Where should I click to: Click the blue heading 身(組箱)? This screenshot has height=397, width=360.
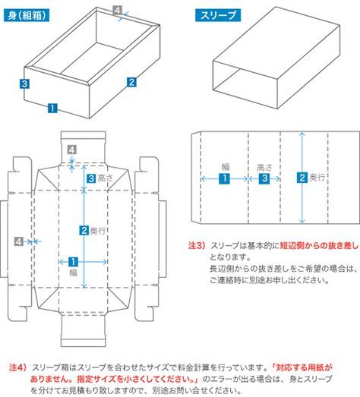(25, 15)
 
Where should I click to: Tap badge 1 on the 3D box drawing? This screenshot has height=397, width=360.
(52, 108)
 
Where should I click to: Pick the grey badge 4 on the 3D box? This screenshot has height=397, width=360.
(117, 10)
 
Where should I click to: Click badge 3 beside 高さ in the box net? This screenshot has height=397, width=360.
(90, 178)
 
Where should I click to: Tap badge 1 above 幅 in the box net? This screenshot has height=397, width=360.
(73, 260)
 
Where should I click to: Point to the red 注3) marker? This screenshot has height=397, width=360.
(197, 246)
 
